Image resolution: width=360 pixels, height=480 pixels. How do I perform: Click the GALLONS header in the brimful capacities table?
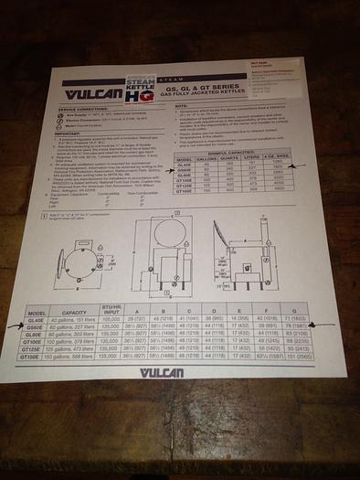click(x=209, y=156)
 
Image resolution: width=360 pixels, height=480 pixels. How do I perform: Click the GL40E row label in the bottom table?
click(x=37, y=319)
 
